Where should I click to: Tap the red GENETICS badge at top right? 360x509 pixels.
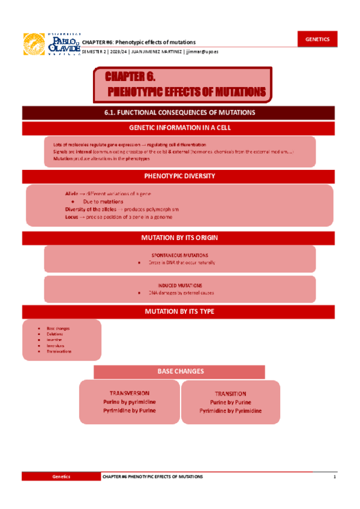(317, 39)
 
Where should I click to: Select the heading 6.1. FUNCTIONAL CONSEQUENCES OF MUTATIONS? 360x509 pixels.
(179, 112)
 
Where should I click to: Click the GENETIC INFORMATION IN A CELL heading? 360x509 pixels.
(179, 128)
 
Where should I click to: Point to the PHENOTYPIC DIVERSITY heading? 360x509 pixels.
(179, 176)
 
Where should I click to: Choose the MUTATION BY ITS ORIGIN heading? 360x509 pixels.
(179, 238)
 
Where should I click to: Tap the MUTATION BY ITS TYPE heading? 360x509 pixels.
(179, 312)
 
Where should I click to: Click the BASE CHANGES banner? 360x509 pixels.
(179, 372)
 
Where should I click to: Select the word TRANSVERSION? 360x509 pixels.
(129, 393)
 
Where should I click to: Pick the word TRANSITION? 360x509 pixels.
(230, 394)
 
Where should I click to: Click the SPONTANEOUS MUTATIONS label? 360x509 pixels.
(179, 254)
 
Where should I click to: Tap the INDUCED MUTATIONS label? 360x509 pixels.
(179, 285)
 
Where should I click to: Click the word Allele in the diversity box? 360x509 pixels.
(71, 194)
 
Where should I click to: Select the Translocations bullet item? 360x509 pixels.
(59, 352)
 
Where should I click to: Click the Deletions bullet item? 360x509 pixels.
(55, 334)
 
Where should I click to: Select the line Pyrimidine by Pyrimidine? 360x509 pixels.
(230, 411)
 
